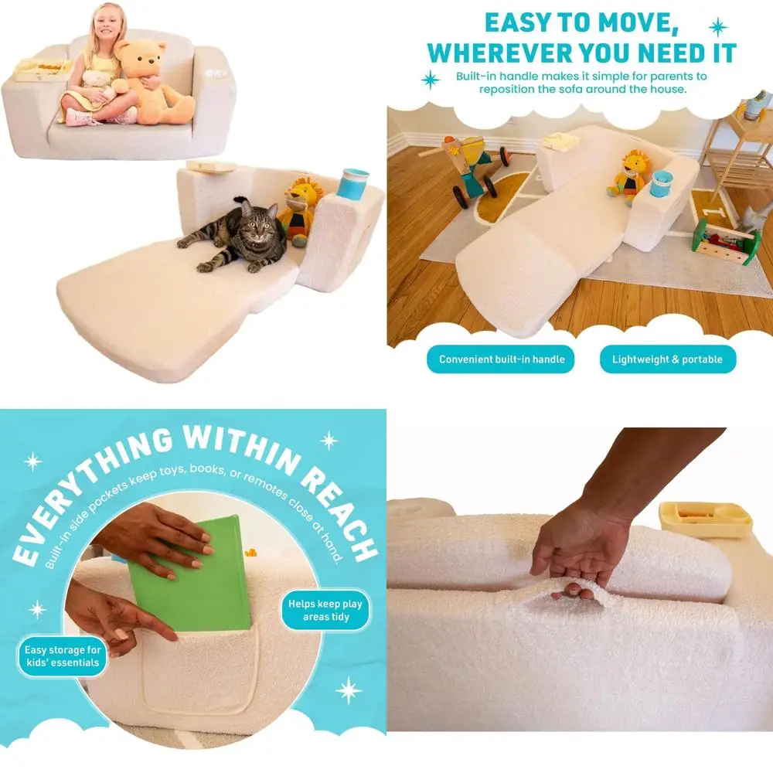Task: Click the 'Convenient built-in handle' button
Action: (x=502, y=359)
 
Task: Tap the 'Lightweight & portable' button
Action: (x=667, y=359)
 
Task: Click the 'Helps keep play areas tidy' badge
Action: (x=325, y=611)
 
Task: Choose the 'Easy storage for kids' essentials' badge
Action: (x=62, y=656)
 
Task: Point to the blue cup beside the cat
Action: (x=352, y=184)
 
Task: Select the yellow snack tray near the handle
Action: (x=704, y=519)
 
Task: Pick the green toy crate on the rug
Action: (x=726, y=241)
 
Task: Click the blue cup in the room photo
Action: (x=661, y=184)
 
